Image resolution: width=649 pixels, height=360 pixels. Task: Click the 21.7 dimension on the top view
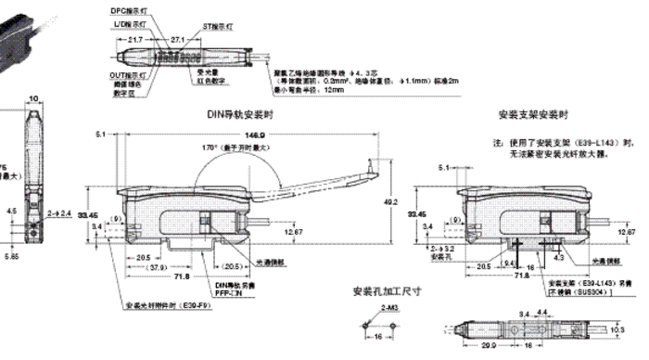[x=134, y=41]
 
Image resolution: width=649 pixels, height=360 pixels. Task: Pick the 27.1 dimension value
[x=179, y=41]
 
